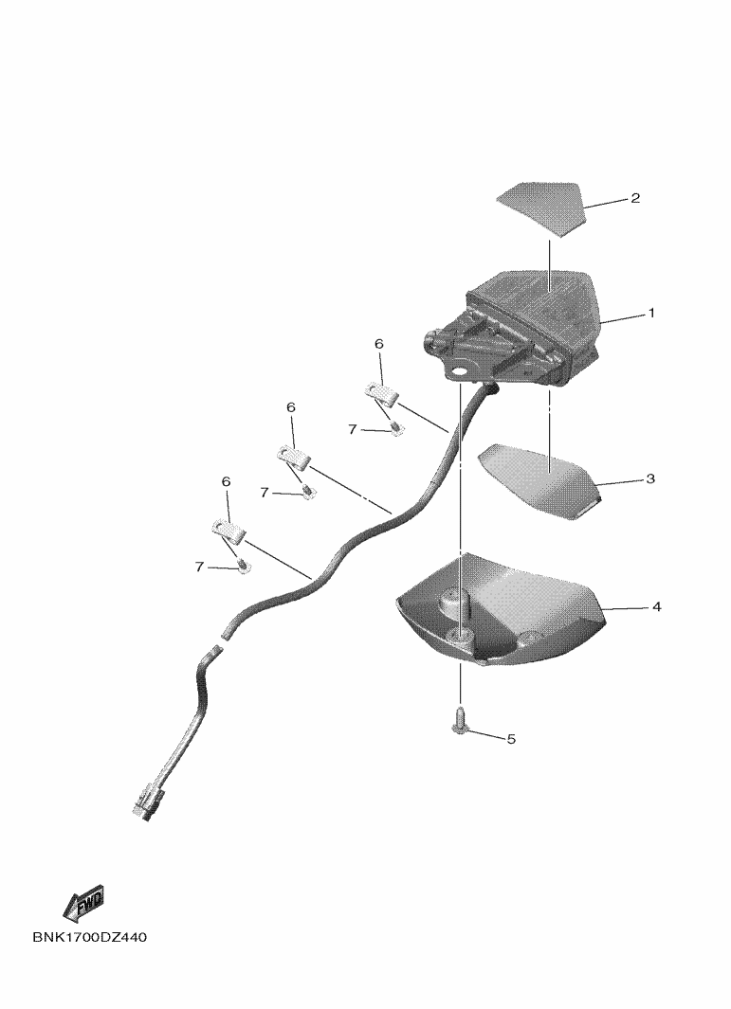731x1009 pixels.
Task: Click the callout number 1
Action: tap(651, 313)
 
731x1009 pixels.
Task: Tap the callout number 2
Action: tap(635, 198)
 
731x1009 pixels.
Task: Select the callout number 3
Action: tap(650, 478)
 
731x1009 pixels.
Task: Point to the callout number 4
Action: tap(656, 606)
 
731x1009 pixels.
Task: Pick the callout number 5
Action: tap(511, 739)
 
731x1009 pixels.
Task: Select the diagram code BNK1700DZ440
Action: tap(89, 937)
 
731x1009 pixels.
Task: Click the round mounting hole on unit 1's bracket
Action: tap(461, 372)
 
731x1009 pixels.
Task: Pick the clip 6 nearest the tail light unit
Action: tap(381, 393)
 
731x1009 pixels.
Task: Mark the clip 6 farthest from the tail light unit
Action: tap(228, 531)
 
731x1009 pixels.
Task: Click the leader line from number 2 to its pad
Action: tap(606, 202)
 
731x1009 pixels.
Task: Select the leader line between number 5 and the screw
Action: tap(485, 733)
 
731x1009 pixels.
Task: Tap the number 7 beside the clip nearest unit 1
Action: tap(353, 429)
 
